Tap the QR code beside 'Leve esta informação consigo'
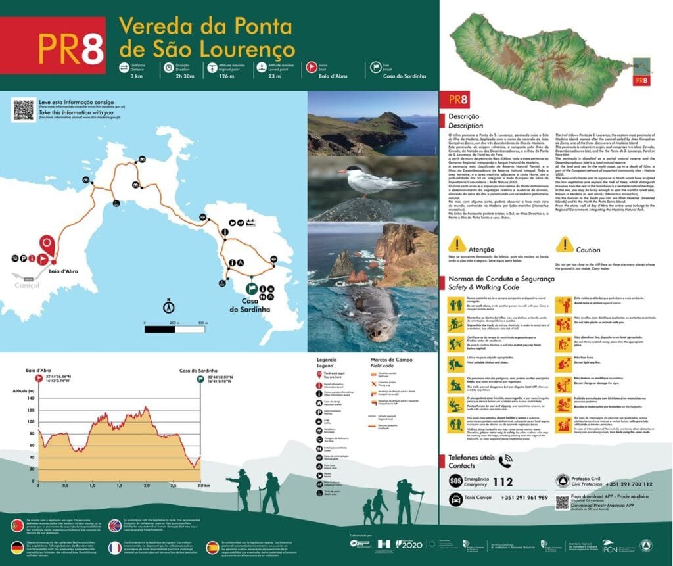click(24, 109)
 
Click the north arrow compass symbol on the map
click(168, 306)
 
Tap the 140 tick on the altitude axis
click(30, 398)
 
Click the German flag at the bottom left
click(17, 547)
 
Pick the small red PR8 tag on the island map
click(641, 81)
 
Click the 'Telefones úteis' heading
click(480, 458)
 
